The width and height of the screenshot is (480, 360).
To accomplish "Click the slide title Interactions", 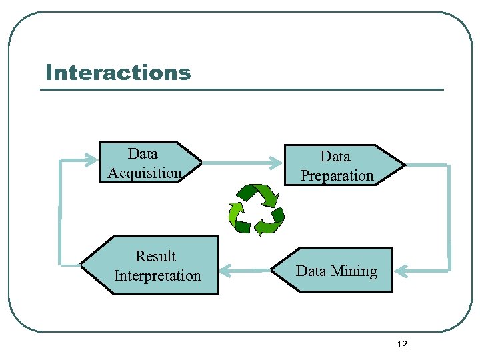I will click(118, 72).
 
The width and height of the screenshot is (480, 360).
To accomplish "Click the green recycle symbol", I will click(256, 209).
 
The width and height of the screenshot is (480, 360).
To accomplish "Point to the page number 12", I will click(401, 344).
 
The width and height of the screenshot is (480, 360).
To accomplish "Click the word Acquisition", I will click(145, 173).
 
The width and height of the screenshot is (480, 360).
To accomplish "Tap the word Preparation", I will click(337, 176).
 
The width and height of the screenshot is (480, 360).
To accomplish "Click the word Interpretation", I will click(157, 276).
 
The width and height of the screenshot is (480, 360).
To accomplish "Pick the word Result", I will click(155, 257).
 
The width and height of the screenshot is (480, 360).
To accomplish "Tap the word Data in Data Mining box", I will click(311, 271).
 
